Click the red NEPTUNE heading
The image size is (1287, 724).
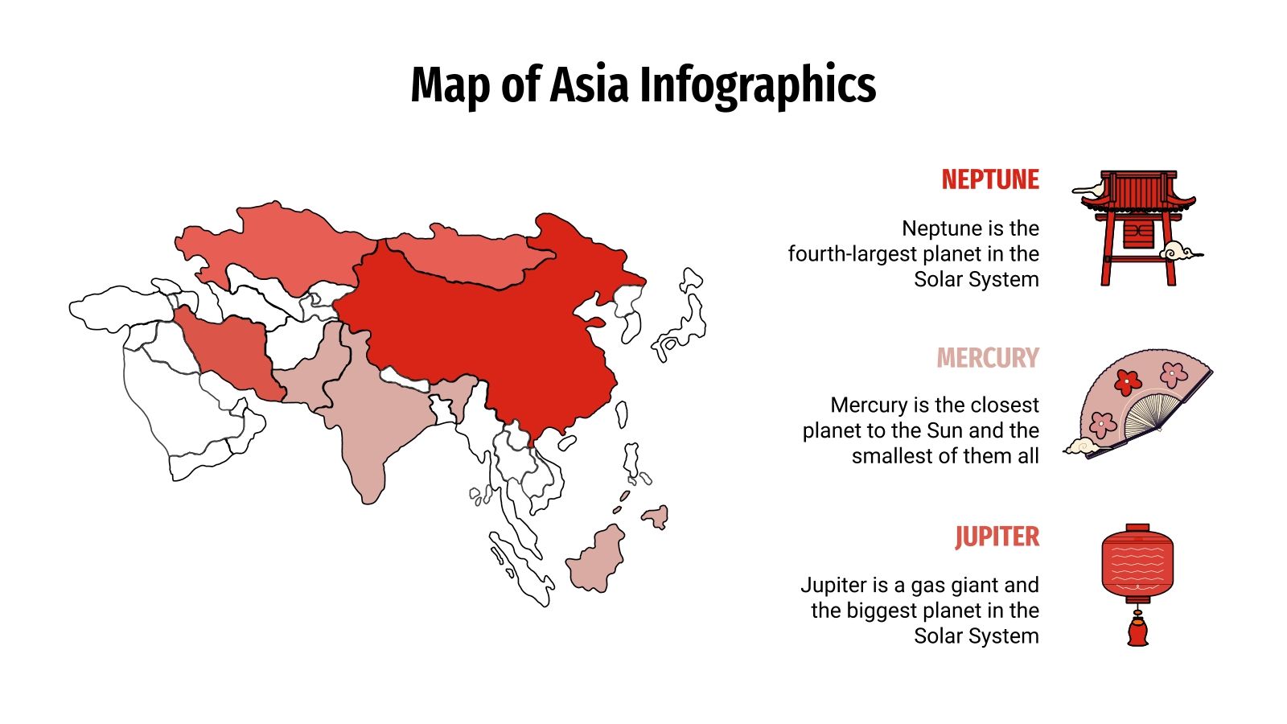[x=990, y=179]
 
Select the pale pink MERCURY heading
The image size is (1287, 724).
[x=988, y=358]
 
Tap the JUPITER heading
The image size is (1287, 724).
[x=997, y=537]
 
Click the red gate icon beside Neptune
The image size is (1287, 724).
[x=1137, y=228]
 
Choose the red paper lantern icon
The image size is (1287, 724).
[x=1137, y=563]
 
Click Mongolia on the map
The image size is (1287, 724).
[x=471, y=256]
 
